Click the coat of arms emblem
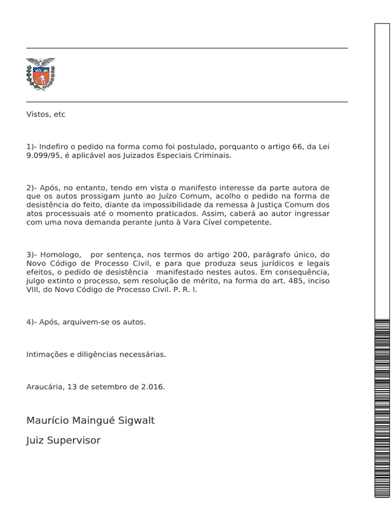(x=40, y=74)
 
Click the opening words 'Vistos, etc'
(x=46, y=114)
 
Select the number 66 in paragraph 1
(x=297, y=147)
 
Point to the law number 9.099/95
(x=43, y=156)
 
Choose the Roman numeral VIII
(x=33, y=290)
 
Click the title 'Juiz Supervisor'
(x=63, y=441)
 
